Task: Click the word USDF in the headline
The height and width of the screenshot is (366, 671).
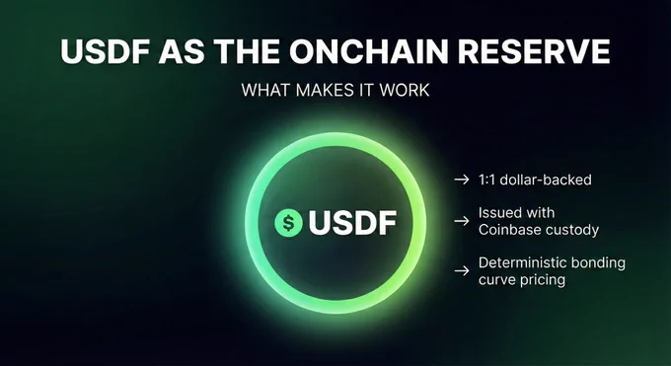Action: click(105, 51)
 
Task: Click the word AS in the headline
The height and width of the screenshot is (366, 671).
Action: click(182, 51)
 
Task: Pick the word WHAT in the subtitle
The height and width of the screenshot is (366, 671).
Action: click(266, 90)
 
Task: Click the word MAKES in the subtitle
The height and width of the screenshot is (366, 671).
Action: click(325, 90)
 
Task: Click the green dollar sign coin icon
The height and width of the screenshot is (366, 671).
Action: click(288, 223)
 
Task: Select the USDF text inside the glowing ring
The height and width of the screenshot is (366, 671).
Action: click(352, 223)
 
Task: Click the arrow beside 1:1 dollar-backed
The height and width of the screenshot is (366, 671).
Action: click(462, 180)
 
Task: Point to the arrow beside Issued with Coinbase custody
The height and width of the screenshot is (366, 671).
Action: click(462, 221)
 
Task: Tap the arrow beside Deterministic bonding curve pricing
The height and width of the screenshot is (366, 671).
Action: click(462, 271)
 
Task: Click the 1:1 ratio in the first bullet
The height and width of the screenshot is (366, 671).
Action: click(486, 180)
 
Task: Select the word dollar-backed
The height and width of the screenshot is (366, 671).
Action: click(546, 180)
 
